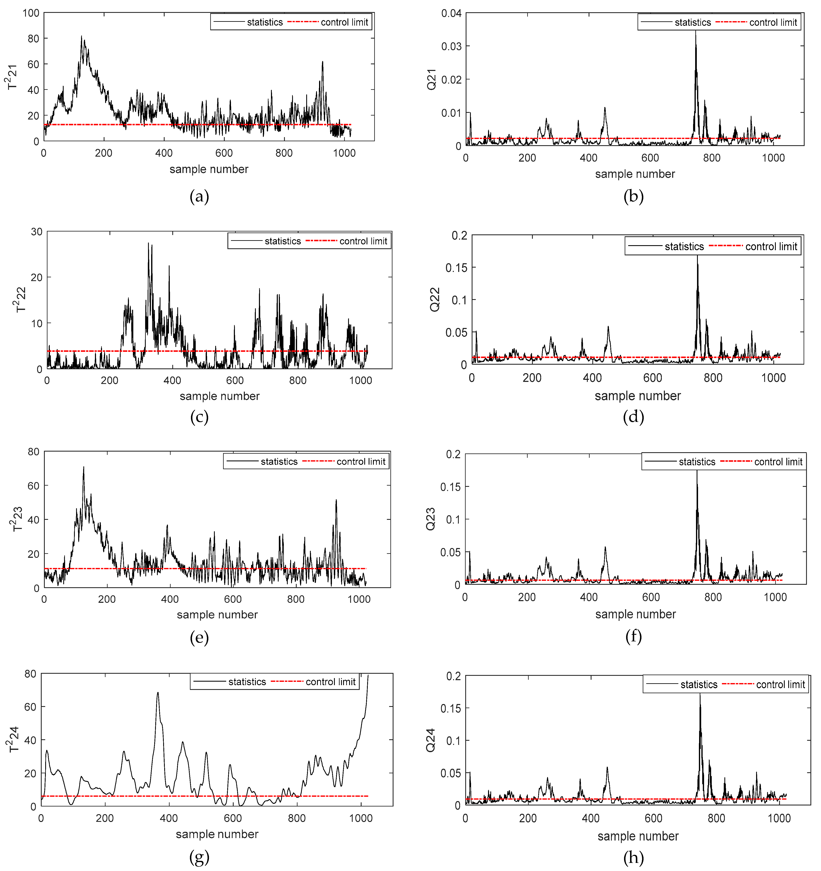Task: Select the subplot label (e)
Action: [x=199, y=637]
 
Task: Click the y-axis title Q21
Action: [x=432, y=79]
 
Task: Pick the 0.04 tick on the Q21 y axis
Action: [x=451, y=13]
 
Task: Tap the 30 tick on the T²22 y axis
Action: [x=37, y=232]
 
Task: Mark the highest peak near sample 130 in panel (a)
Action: [x=81, y=37]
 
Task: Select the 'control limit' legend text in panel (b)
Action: [x=773, y=22]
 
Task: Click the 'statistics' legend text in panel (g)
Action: [x=247, y=682]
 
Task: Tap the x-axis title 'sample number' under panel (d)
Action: [x=638, y=396]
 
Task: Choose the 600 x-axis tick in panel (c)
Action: [x=235, y=380]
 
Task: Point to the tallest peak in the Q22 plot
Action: [x=697, y=256]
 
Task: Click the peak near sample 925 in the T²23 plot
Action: [x=336, y=500]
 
